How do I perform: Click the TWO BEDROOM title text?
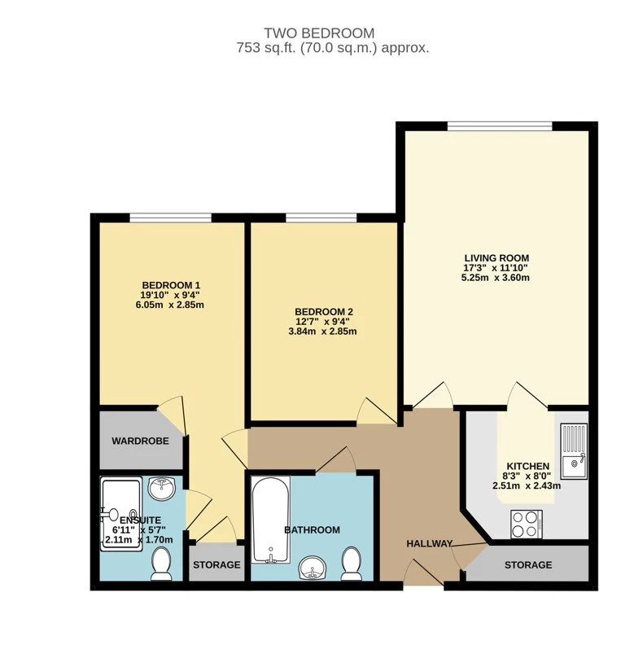click(x=319, y=33)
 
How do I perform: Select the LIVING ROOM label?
click(x=496, y=257)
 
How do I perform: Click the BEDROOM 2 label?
click(x=323, y=311)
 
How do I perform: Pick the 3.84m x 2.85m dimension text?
click(x=323, y=332)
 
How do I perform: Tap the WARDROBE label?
click(x=140, y=441)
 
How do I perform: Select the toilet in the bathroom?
click(x=352, y=563)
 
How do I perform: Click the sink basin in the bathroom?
click(x=312, y=568)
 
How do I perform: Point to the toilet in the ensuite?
click(x=161, y=563)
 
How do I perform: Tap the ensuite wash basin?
click(x=164, y=488)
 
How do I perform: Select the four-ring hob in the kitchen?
click(x=526, y=523)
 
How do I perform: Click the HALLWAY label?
click(x=429, y=543)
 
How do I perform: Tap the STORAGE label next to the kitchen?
click(x=527, y=564)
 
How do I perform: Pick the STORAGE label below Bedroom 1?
click(x=216, y=564)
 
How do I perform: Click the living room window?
click(x=499, y=125)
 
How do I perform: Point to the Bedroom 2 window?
click(x=320, y=218)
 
